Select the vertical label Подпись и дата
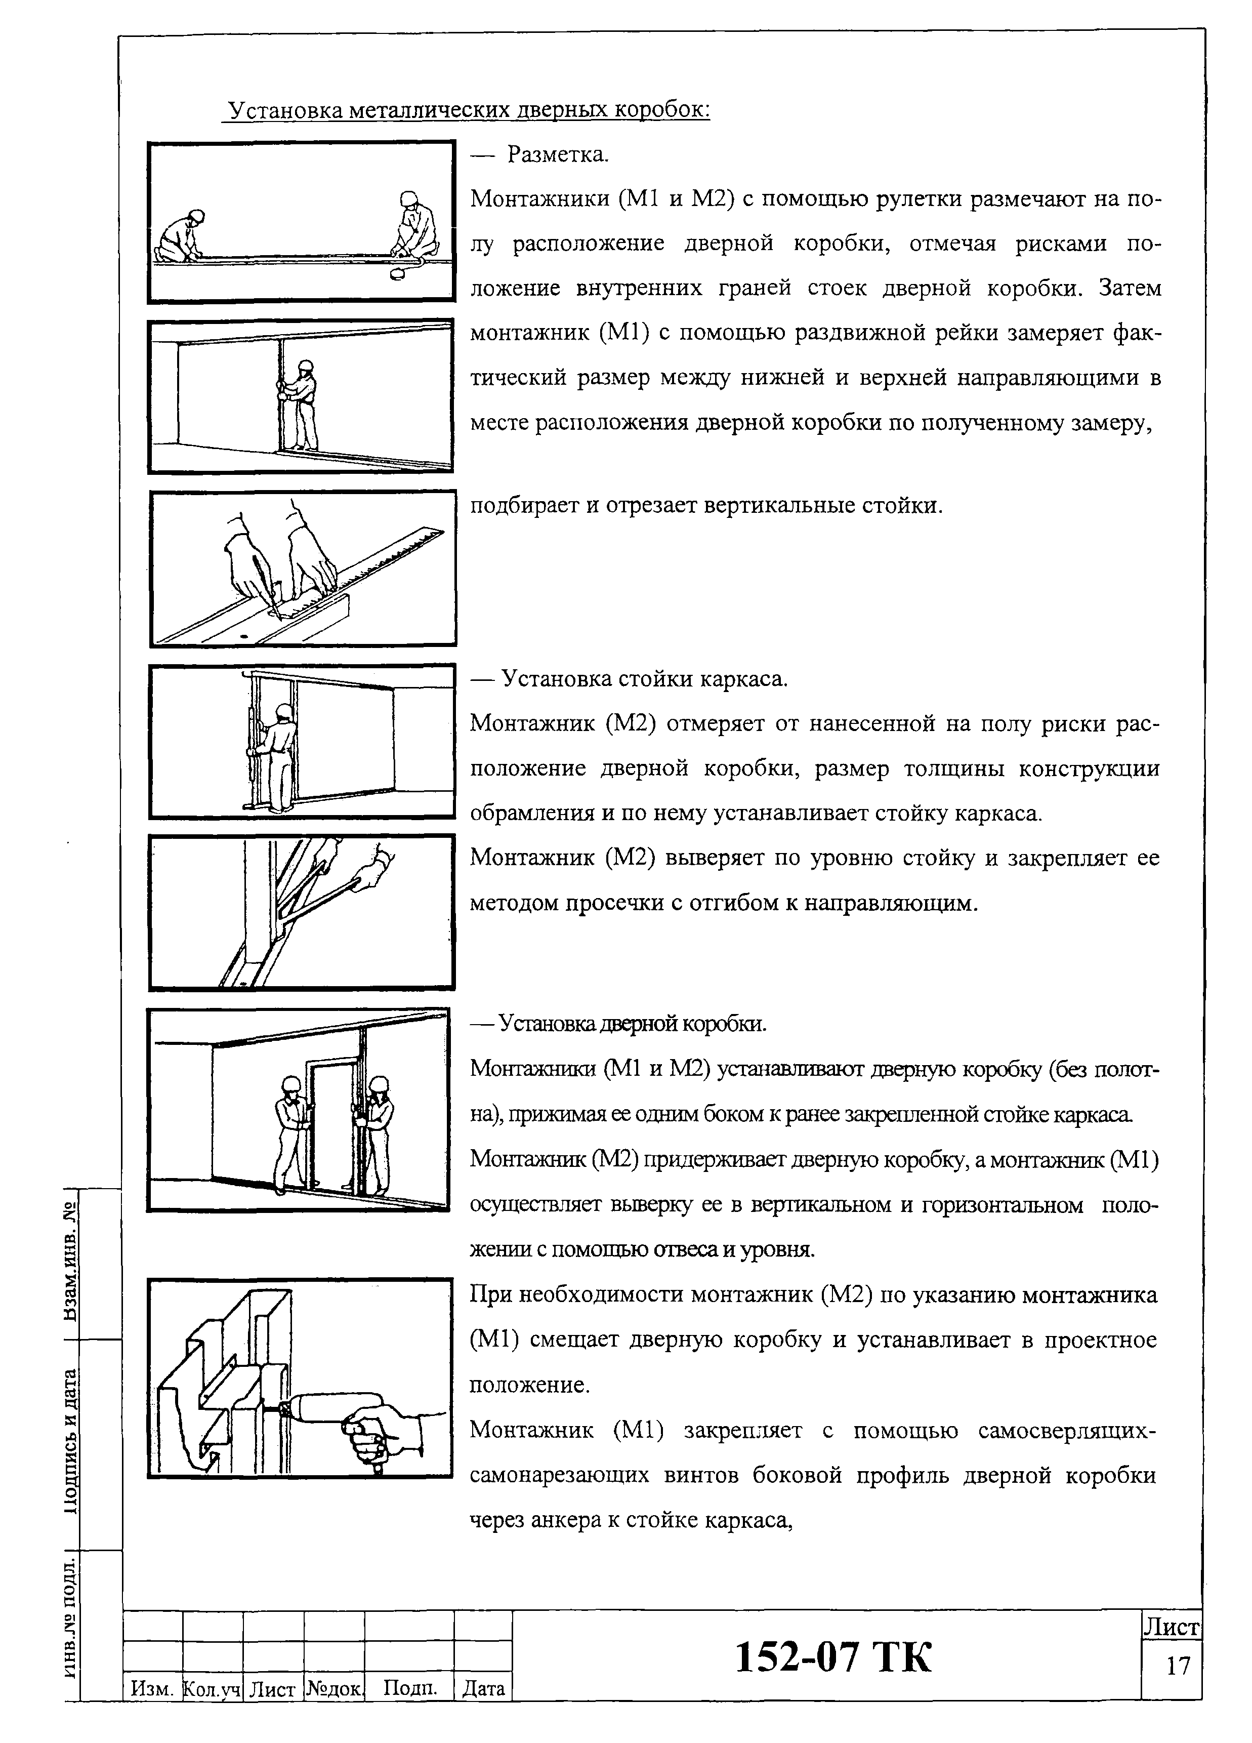point(71,1441)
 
